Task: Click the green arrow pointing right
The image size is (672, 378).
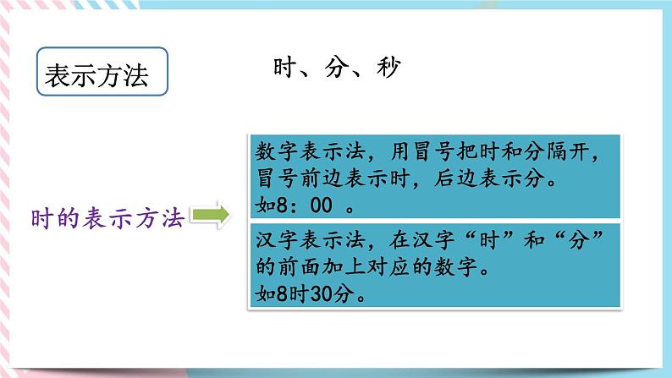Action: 211,217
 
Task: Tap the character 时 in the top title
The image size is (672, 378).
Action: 286,68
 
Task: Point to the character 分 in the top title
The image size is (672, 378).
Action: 337,68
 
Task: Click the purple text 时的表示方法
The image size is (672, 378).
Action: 107,218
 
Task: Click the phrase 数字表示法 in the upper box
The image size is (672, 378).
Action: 307,156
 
